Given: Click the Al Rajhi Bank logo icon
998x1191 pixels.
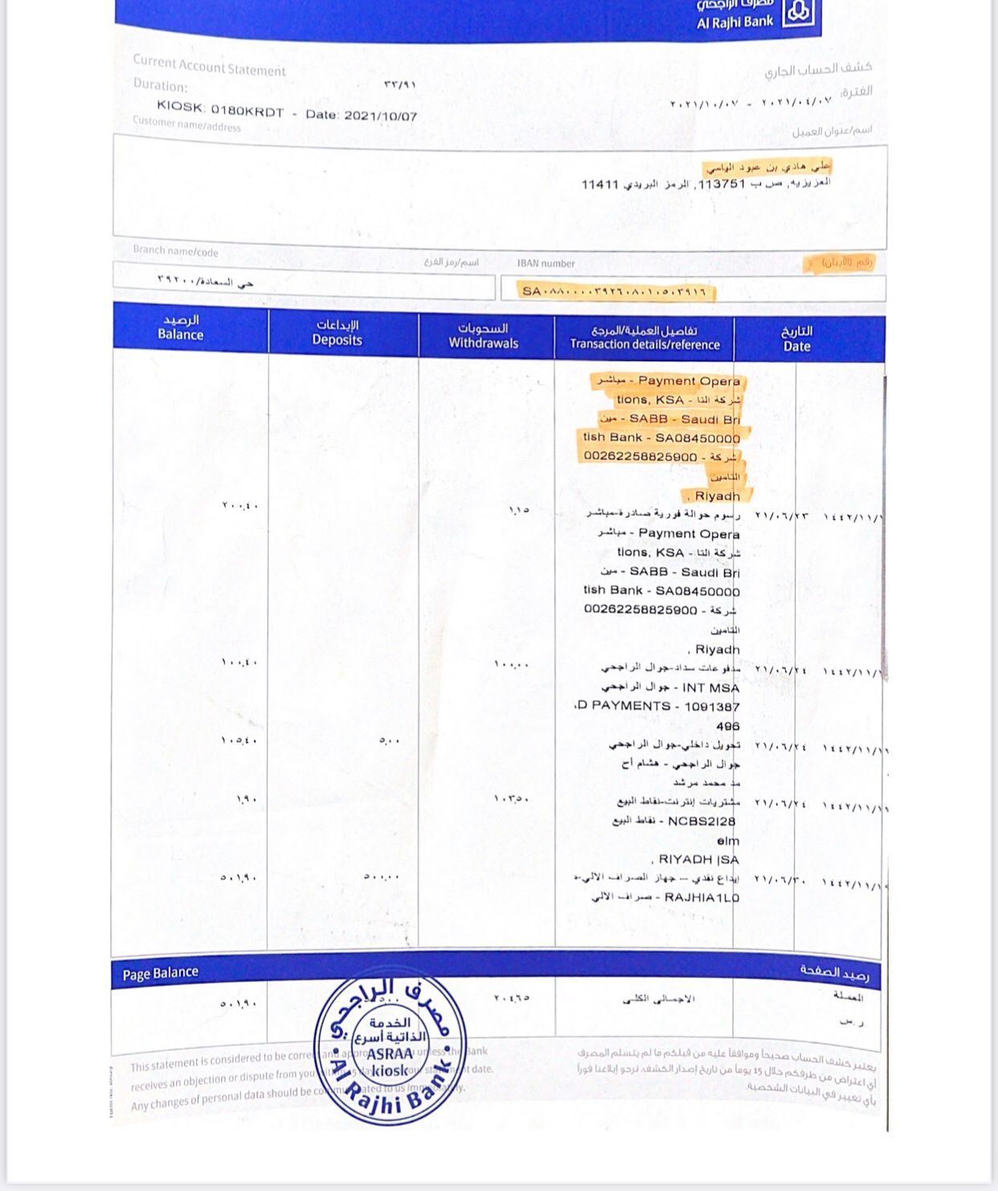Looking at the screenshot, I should click(x=797, y=14).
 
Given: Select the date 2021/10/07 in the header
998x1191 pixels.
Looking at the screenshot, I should click(x=381, y=115).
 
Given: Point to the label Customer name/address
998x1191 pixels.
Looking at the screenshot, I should click(x=186, y=124).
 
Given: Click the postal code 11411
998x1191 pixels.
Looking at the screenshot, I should click(x=600, y=184).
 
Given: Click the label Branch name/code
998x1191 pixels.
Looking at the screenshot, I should click(x=175, y=251).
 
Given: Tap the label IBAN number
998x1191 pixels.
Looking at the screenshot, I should click(x=546, y=263).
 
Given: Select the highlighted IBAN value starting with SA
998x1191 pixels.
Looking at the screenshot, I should click(x=615, y=291).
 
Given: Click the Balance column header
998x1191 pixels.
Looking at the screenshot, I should click(x=180, y=328).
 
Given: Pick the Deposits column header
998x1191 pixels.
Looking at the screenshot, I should click(x=337, y=332).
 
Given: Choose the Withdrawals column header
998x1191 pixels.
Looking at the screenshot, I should click(x=483, y=336).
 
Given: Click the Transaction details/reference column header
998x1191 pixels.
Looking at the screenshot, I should click(x=644, y=337).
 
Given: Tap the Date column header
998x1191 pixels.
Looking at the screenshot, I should click(x=796, y=339).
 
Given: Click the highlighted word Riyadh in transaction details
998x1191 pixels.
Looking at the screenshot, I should click(x=717, y=496).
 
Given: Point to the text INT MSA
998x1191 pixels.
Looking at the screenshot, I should click(x=710, y=687).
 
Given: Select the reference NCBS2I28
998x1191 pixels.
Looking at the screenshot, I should click(x=701, y=821).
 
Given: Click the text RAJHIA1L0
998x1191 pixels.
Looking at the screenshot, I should click(x=701, y=897).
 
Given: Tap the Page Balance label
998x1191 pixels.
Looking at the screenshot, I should click(x=160, y=973).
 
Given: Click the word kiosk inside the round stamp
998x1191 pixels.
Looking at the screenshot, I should click(x=390, y=1071).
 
